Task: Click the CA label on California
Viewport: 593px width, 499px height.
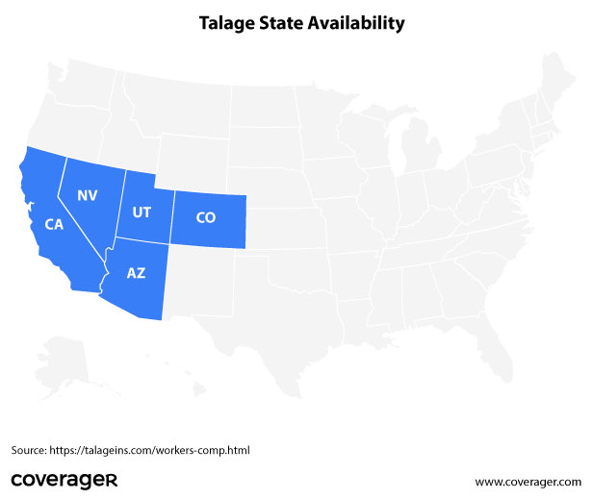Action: [x=54, y=224]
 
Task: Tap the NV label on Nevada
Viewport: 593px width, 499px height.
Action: [x=88, y=195]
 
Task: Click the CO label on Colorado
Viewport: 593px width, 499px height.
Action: [x=205, y=217]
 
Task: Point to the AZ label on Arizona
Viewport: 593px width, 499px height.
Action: [x=137, y=273]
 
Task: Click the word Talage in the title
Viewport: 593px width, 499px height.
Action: [x=226, y=20]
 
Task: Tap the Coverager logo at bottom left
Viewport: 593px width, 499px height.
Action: [x=64, y=479]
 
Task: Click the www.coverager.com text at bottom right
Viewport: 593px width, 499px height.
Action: [x=529, y=481]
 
